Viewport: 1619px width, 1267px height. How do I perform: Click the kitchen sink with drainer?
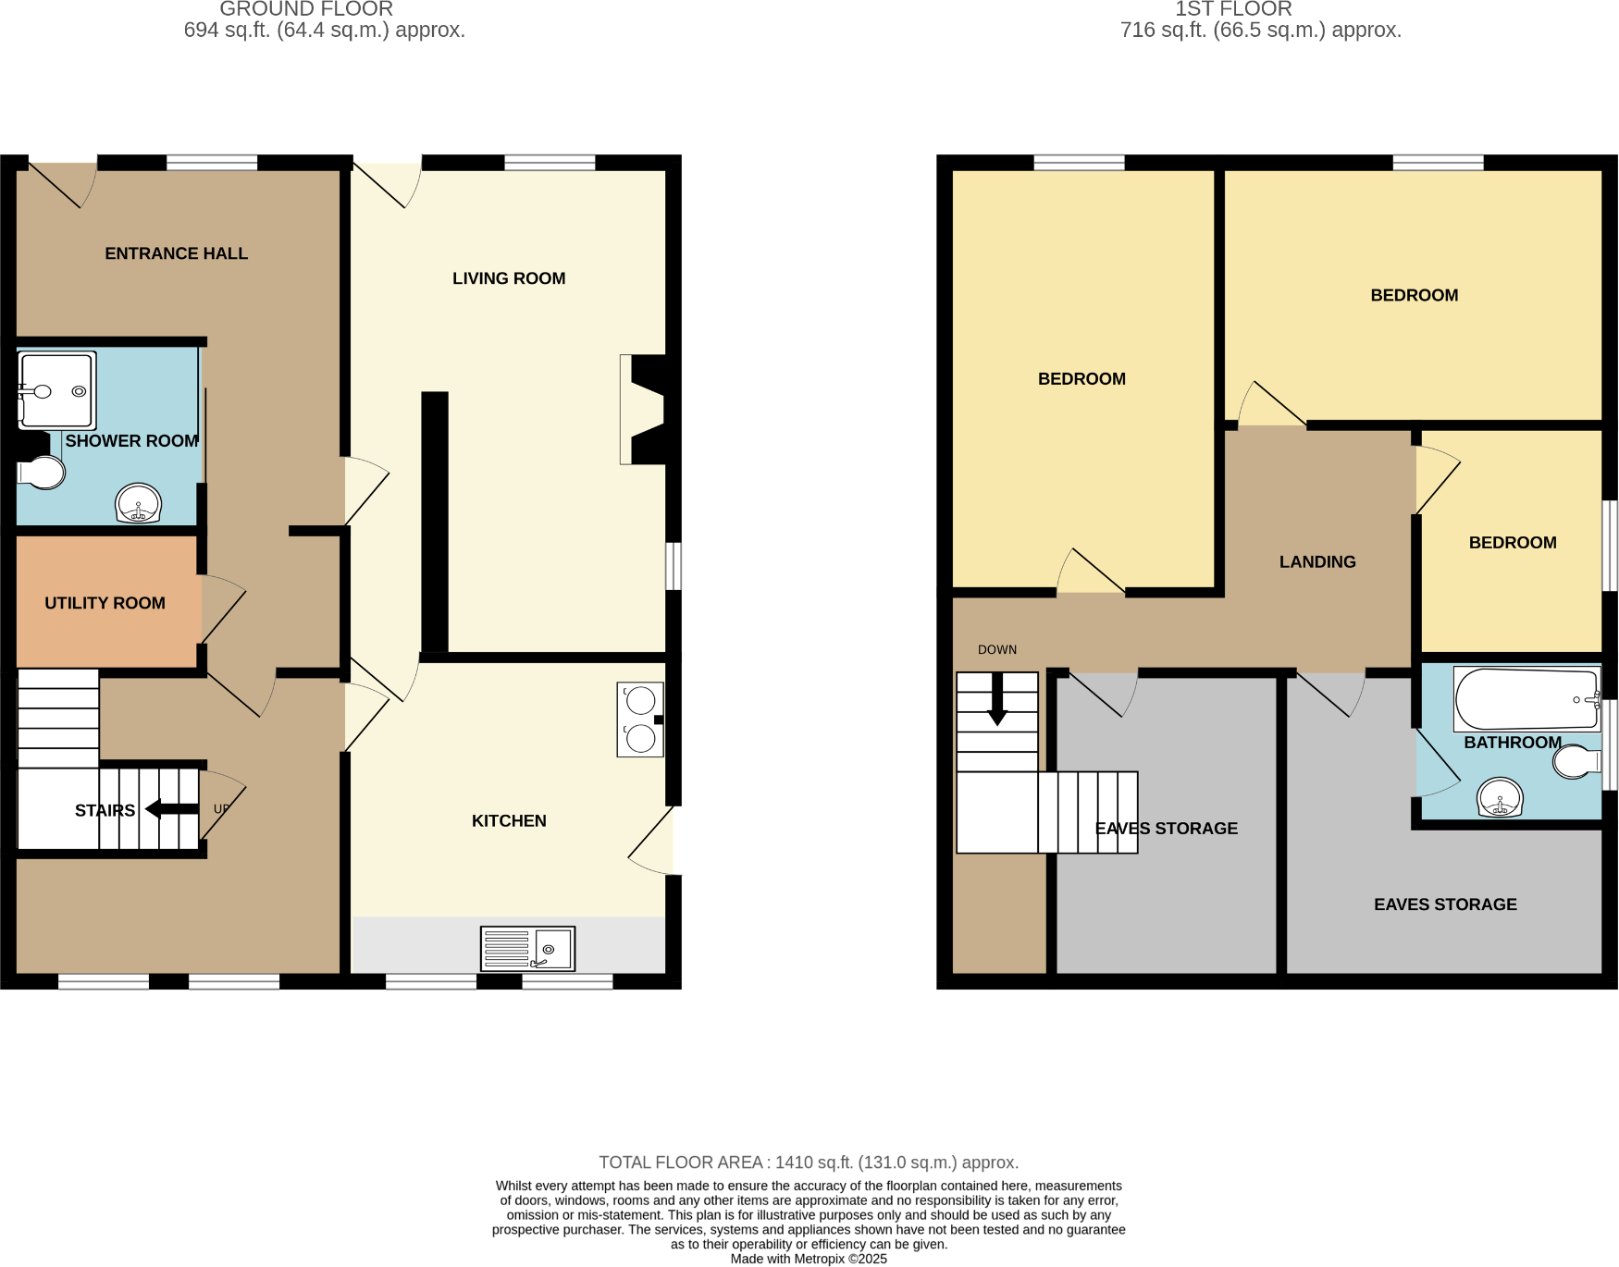pos(527,949)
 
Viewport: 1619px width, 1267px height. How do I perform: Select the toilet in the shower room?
pos(42,472)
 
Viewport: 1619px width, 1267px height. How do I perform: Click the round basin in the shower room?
pos(138,503)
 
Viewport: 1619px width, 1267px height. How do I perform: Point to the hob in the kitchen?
pos(640,720)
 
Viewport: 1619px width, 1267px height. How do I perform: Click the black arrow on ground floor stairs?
pos(172,809)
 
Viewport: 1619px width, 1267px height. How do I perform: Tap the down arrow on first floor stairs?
pos(997,699)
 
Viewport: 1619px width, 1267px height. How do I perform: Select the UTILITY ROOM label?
pos(105,603)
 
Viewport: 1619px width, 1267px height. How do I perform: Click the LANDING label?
pos(1317,561)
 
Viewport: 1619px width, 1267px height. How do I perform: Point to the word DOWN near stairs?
pos(996,650)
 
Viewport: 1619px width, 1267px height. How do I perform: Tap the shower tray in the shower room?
pos(56,390)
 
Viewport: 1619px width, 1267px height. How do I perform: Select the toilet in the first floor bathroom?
pos(1576,762)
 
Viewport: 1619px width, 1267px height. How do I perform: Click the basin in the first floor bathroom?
pos(1500,797)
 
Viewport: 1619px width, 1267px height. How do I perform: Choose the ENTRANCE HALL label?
pos(176,253)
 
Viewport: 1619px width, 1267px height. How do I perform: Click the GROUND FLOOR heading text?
pos(306,9)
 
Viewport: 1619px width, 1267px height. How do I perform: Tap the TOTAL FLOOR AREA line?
pos(809,1162)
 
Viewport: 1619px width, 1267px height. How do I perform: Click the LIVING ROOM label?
pos(509,278)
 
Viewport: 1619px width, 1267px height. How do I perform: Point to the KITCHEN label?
pos(509,820)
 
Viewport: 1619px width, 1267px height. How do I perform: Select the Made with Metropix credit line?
pos(809,1259)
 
